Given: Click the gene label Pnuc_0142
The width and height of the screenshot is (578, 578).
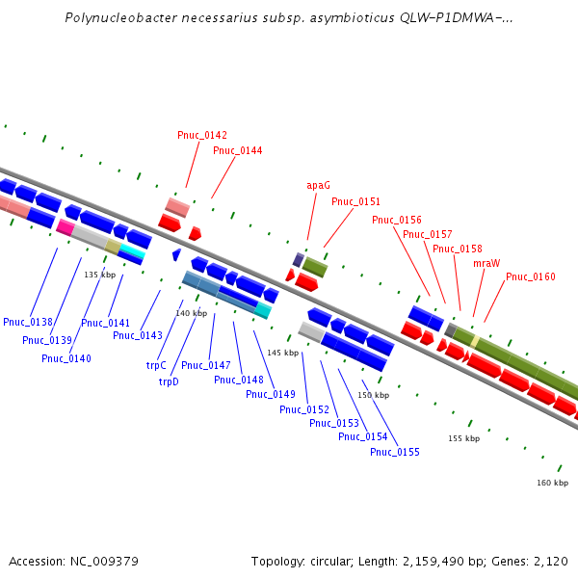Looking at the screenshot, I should point(202,135).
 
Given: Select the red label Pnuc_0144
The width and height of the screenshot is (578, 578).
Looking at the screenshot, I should point(237,150).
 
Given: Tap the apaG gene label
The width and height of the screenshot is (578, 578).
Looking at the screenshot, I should point(318,185).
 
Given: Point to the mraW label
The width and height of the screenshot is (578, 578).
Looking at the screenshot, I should point(486,263).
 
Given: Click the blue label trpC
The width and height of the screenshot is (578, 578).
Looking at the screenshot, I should point(156,365).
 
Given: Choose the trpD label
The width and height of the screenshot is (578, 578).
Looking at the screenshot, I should point(169,381).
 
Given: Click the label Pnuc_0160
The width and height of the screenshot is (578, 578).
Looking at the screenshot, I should point(530,277).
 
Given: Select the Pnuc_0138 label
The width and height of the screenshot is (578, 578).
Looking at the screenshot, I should point(27,322).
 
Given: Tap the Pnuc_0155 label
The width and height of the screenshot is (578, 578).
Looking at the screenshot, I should point(394,452).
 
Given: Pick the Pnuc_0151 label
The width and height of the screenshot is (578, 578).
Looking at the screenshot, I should point(355,202).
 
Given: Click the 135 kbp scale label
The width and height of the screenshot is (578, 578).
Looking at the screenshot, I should point(99,275).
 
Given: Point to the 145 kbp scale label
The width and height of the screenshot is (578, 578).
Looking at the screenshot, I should point(282,353).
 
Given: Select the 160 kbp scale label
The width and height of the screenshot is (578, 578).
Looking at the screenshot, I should point(552,483).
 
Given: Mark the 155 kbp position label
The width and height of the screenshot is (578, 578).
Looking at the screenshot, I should point(463,438).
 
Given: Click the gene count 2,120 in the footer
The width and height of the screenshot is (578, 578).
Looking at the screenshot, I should point(552,561).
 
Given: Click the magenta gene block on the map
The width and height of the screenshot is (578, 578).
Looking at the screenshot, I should point(65,227).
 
